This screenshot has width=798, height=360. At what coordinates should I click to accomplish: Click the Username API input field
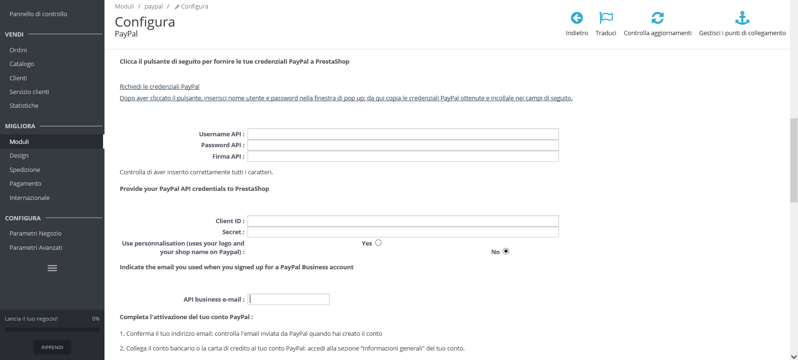[x=403, y=134]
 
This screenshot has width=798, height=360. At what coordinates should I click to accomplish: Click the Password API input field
[x=403, y=145]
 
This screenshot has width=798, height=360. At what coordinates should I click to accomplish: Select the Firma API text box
[x=403, y=156]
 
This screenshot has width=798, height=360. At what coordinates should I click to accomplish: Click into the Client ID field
[x=403, y=221]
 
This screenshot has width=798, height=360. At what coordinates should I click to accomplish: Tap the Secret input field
[x=403, y=232]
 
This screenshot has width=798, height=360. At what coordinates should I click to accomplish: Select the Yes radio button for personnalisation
[x=378, y=243]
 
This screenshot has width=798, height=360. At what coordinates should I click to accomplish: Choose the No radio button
[x=506, y=251]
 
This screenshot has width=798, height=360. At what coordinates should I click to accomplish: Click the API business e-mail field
[x=288, y=299]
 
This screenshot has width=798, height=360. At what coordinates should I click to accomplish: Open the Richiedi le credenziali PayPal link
[x=160, y=86]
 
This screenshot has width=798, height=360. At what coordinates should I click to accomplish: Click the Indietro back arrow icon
[x=577, y=18]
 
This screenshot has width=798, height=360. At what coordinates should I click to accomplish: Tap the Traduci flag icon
[x=606, y=18]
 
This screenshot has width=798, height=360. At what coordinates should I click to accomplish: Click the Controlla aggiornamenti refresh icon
[x=657, y=18]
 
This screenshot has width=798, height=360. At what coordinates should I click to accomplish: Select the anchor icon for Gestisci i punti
[x=742, y=18]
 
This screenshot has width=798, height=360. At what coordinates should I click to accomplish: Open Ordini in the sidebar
[x=18, y=50]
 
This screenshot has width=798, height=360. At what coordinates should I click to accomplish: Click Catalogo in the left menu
[x=22, y=64]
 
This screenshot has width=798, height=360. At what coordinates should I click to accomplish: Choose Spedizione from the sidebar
[x=25, y=170]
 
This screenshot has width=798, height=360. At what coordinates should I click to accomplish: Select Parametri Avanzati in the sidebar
[x=36, y=247]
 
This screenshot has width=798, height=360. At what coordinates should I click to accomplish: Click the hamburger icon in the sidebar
[x=52, y=268]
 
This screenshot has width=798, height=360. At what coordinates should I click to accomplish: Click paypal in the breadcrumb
[x=153, y=6]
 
